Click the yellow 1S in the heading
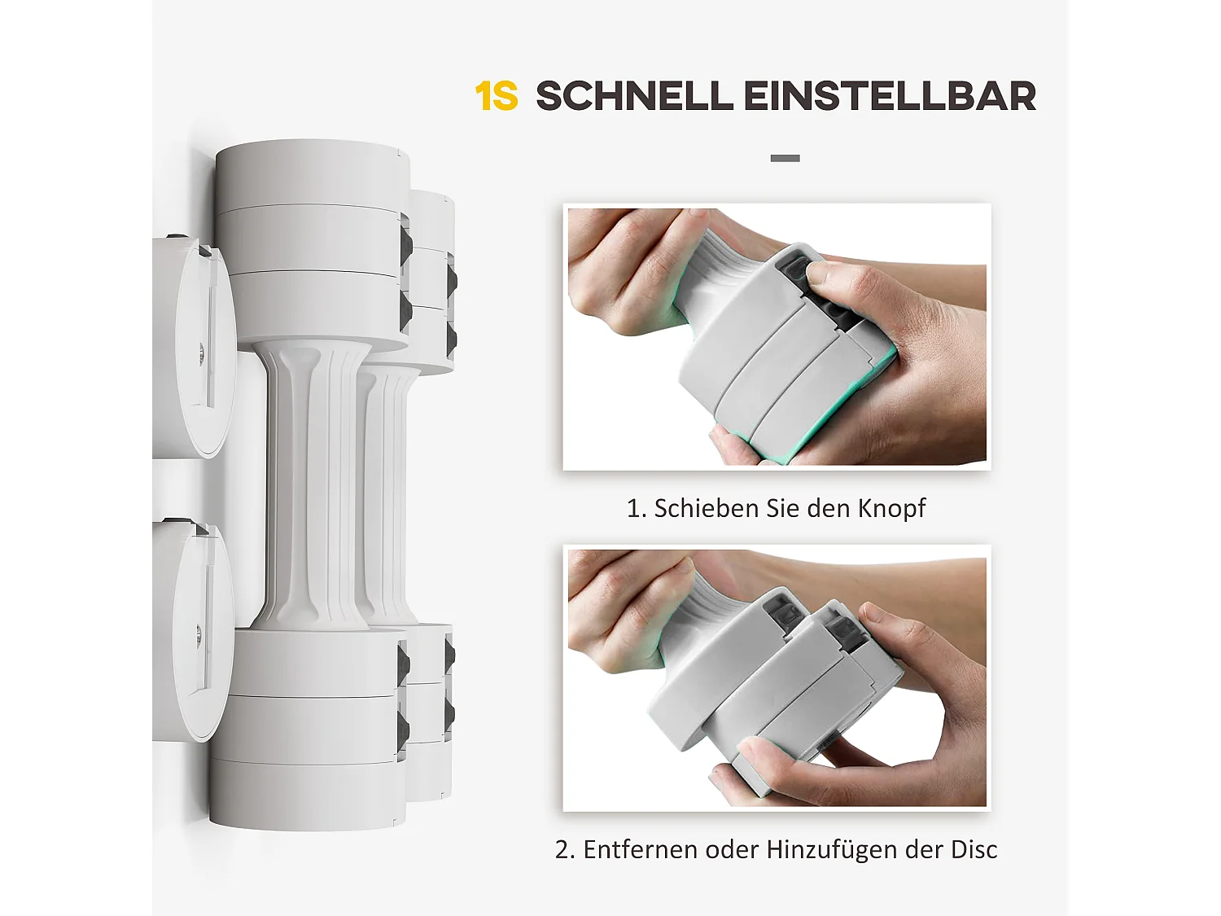[496, 97]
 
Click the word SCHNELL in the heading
[634, 97]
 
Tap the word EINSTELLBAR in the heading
[890, 97]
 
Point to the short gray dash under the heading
[785, 158]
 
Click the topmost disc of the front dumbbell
[312, 173]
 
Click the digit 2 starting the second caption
[562, 850]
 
